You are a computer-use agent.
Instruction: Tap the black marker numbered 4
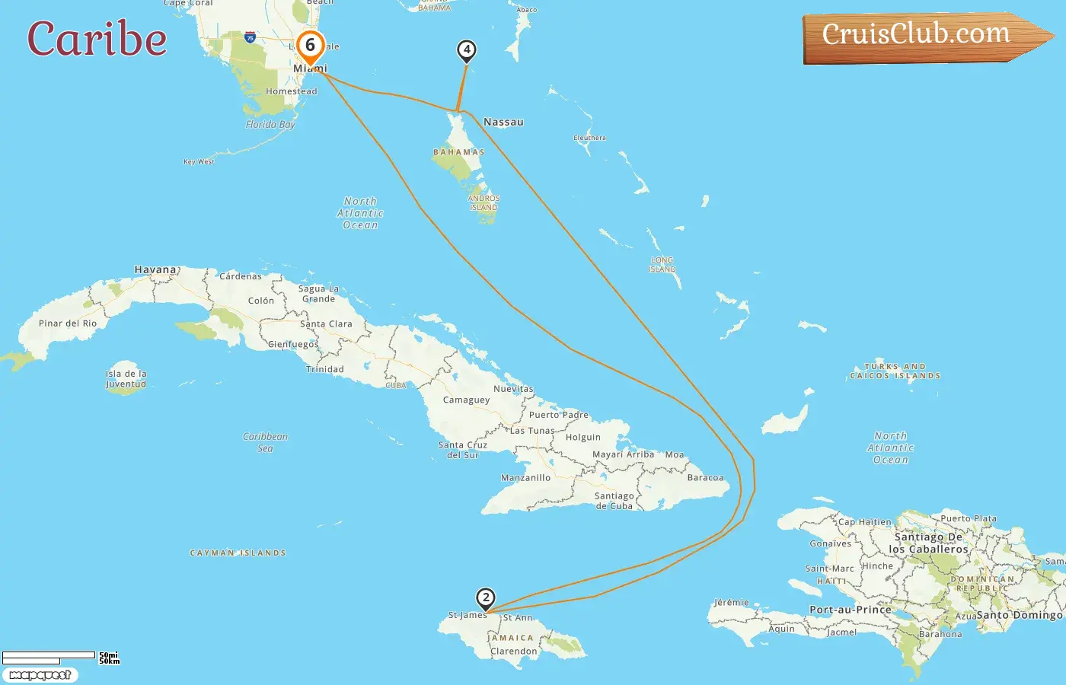tap(466, 51)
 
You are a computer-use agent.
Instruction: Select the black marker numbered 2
tap(485, 598)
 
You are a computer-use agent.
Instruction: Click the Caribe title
tap(97, 39)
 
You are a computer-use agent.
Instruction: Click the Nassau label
tap(503, 122)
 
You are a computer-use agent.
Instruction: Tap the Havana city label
tap(155, 269)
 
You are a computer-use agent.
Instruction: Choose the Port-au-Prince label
tap(850, 610)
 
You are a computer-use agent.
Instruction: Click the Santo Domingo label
tap(1019, 615)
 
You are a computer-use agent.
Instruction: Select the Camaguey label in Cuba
tap(466, 400)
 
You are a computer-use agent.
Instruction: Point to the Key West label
tap(199, 161)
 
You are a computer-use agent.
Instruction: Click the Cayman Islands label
tap(238, 553)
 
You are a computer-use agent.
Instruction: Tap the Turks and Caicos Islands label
tap(895, 371)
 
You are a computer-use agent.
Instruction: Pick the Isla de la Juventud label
tap(126, 379)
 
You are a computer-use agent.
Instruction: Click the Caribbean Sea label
tap(265, 442)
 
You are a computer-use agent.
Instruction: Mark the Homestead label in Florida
tap(291, 91)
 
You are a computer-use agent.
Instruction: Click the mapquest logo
tap(40, 675)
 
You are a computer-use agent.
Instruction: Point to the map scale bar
tap(49, 657)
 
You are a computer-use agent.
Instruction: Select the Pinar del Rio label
tap(68, 323)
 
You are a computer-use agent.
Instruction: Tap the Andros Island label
tap(484, 202)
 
